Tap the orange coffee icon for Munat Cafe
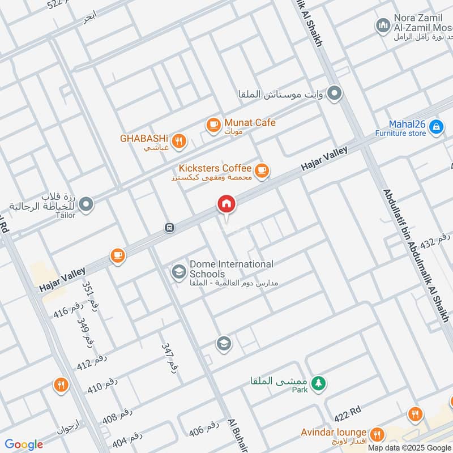(x=213, y=125)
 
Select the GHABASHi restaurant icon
(x=179, y=140)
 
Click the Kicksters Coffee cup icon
(x=261, y=170)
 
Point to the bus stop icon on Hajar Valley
(x=169, y=228)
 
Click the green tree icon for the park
(x=319, y=383)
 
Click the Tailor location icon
(x=86, y=203)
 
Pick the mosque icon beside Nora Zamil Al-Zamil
(x=382, y=25)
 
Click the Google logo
(x=24, y=445)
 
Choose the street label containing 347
(x=170, y=357)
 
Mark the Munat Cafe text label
(x=250, y=122)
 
